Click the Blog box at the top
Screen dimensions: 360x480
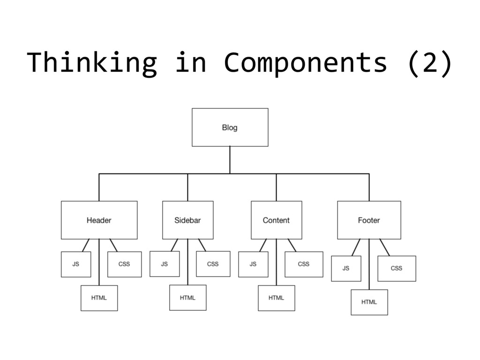(x=230, y=127)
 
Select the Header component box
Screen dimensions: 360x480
(x=99, y=220)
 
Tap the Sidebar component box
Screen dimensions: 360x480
(x=187, y=220)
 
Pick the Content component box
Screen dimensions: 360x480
(x=276, y=220)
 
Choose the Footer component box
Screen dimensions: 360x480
(x=369, y=220)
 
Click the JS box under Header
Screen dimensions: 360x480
(x=76, y=264)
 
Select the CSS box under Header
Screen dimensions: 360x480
(x=124, y=264)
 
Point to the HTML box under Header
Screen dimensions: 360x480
(x=99, y=298)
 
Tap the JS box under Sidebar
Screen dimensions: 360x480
(x=165, y=264)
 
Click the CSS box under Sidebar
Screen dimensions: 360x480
(x=213, y=264)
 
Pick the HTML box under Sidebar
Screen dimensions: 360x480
(x=187, y=298)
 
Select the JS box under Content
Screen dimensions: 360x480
(x=253, y=264)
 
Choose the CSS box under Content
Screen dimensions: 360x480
(x=304, y=264)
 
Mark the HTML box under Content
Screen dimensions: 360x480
(x=276, y=298)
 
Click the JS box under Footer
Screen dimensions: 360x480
(x=346, y=268)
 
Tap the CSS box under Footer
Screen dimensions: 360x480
(x=397, y=268)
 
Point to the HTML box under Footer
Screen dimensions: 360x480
(x=369, y=302)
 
